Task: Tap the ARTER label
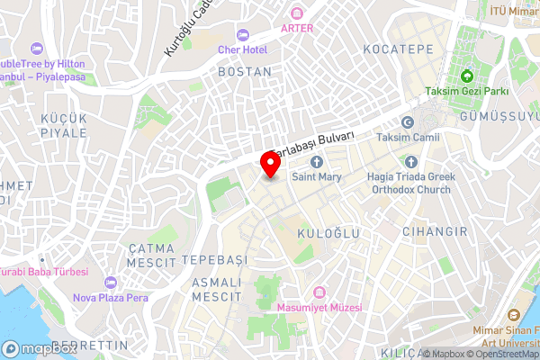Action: click(297, 27)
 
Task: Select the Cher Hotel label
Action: click(242, 49)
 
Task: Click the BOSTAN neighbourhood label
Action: click(245, 71)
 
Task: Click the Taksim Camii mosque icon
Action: click(408, 122)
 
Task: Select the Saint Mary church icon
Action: click(317, 162)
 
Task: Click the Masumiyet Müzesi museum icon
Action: click(319, 292)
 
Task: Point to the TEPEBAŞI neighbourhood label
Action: click(214, 259)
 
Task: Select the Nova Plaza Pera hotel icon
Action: click(111, 283)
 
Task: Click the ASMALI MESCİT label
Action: click(217, 289)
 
